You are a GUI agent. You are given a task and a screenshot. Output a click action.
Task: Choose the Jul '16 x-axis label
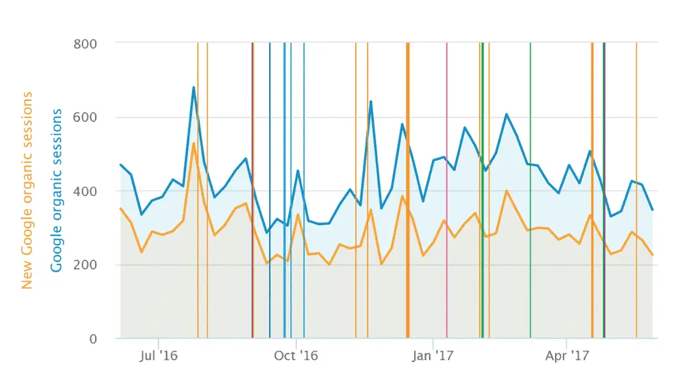click(x=159, y=356)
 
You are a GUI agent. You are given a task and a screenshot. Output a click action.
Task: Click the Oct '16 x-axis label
click(x=296, y=356)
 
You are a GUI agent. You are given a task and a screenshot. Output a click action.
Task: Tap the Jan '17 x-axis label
click(x=433, y=356)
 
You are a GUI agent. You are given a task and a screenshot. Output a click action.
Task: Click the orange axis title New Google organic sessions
click(x=28, y=191)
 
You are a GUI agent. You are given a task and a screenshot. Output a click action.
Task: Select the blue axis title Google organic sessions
click(x=56, y=191)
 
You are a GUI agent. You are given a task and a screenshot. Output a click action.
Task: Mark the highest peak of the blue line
click(x=194, y=87)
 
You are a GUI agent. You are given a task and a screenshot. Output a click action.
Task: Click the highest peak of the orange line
click(x=194, y=143)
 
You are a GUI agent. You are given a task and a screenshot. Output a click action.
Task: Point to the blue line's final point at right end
click(x=653, y=210)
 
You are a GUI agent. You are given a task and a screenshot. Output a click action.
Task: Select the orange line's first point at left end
click(x=121, y=209)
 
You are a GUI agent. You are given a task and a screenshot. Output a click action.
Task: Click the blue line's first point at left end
click(x=121, y=165)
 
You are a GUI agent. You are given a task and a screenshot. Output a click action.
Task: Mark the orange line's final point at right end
click(x=653, y=255)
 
